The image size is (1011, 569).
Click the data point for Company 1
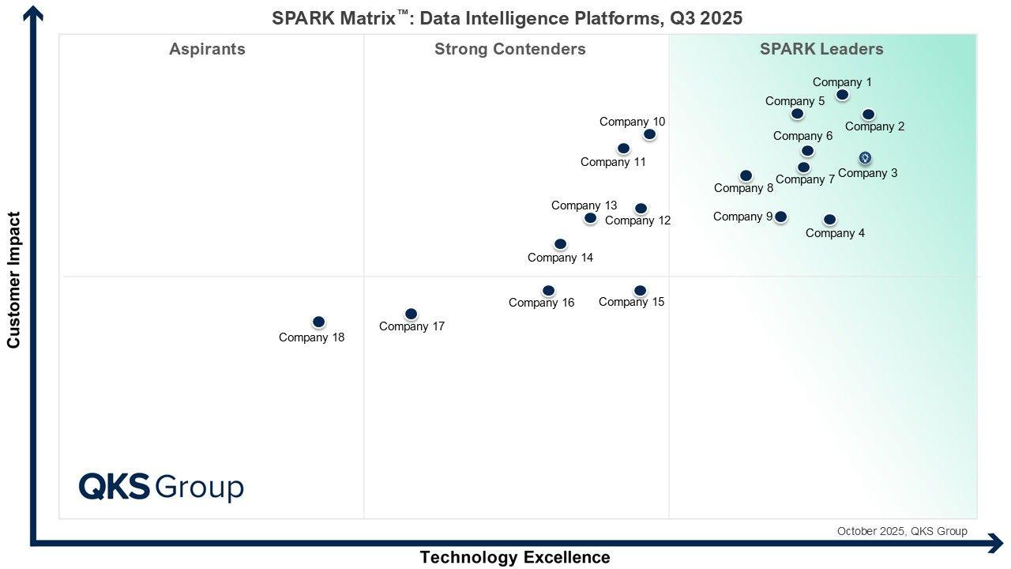pos(843,95)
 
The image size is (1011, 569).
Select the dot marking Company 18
pos(318,322)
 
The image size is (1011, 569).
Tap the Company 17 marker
pos(411,314)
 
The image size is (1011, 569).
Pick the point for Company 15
pos(640,291)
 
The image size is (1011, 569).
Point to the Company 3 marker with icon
pos(865,158)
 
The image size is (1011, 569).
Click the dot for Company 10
pos(649,134)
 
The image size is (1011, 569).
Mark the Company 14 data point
pos(560,244)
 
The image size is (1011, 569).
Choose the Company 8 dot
pos(746,175)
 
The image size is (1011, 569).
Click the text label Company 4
pos(835,233)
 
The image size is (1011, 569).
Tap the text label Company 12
pos(637,220)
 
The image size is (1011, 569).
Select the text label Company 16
pos(541,303)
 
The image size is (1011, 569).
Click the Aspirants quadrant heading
pos(207,49)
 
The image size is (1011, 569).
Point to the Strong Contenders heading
pos(509,49)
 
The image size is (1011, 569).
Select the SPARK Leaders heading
pos(821,49)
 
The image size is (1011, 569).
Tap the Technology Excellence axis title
pos(514,557)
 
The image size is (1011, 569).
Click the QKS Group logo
pos(161,487)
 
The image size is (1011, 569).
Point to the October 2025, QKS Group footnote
pos(901,531)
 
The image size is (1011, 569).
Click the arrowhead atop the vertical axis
pos(34,13)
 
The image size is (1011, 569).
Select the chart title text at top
pos(507,18)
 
